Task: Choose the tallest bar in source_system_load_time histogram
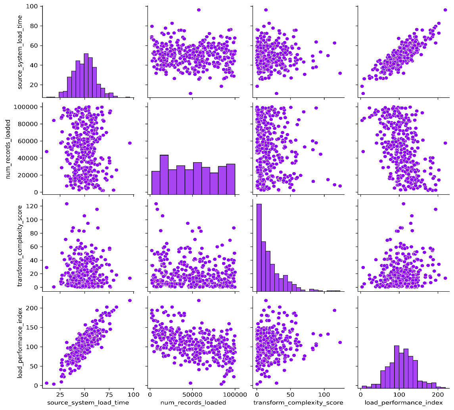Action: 86,75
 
